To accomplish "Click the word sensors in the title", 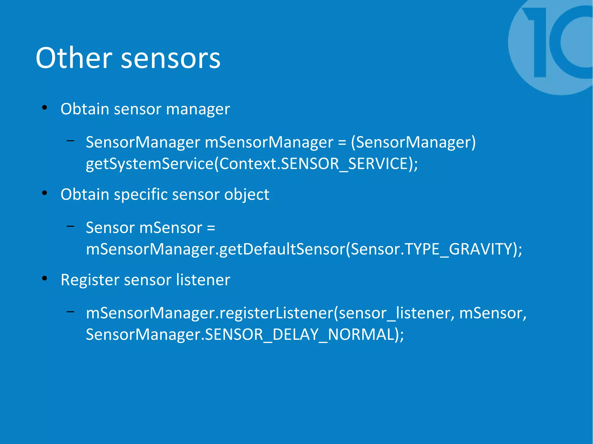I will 171,59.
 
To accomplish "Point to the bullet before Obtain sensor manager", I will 44,108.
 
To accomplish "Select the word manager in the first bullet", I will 198,110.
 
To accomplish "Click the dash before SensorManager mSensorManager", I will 70,141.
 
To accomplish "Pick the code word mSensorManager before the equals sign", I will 269,142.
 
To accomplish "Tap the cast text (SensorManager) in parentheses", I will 413,142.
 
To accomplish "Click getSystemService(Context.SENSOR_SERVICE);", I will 252,164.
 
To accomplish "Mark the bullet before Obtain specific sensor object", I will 44,193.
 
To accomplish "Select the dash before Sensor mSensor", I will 70,226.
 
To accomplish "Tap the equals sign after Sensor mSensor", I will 211,228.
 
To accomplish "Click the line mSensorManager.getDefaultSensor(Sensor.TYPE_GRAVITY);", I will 304,249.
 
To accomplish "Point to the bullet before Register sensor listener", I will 44,278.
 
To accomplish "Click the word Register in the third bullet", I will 89,280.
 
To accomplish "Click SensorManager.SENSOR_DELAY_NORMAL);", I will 245,335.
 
